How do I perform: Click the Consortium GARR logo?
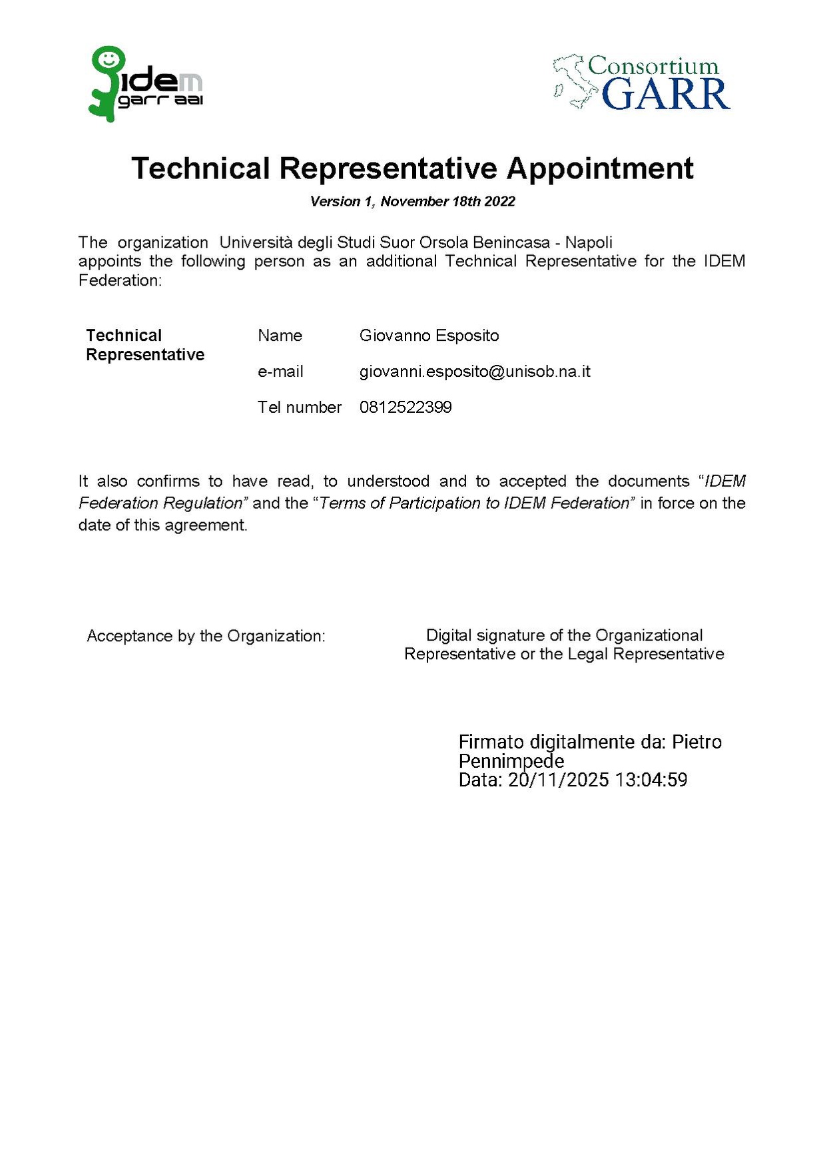click(x=642, y=83)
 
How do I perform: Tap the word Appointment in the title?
click(x=600, y=168)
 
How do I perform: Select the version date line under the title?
click(x=412, y=202)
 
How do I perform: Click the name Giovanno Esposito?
click(x=429, y=336)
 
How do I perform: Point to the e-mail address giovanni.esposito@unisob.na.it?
click(x=475, y=372)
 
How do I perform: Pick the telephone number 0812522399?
click(x=406, y=408)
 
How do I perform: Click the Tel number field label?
click(x=299, y=408)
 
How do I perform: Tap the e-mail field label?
click(x=280, y=372)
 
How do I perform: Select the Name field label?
click(x=280, y=336)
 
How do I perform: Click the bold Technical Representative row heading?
click(x=144, y=345)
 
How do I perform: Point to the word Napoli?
click(x=589, y=242)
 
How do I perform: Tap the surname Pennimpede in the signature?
click(x=511, y=761)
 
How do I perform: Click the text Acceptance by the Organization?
click(x=206, y=636)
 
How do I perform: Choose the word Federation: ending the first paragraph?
click(x=120, y=280)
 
